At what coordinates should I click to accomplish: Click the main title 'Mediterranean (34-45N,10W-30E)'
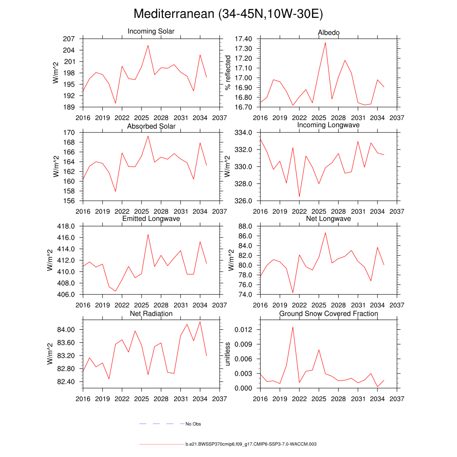coord(228,14)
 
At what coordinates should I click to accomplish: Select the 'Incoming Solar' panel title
coord(151,32)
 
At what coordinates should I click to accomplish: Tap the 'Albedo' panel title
coord(328,33)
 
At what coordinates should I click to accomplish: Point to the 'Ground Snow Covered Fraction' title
coord(328,314)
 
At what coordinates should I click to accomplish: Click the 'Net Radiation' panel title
coord(151,314)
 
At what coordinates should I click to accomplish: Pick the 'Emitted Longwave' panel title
coord(151,219)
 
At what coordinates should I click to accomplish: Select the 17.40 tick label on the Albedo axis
coord(243,39)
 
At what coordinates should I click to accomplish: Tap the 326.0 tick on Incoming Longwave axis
coord(244,201)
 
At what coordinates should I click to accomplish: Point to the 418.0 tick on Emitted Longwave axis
coord(66,226)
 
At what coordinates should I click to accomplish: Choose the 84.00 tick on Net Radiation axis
coord(65,330)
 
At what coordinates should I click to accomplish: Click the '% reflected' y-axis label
coord(228,73)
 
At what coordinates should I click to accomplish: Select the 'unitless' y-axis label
coord(228,354)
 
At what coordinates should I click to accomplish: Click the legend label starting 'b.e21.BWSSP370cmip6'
coord(251,445)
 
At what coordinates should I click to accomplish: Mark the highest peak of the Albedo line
coord(325,42)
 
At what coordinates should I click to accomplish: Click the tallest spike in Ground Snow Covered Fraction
coord(293,327)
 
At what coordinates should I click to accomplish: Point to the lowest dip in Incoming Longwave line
coord(299,196)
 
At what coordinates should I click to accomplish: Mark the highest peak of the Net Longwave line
coord(325,233)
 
